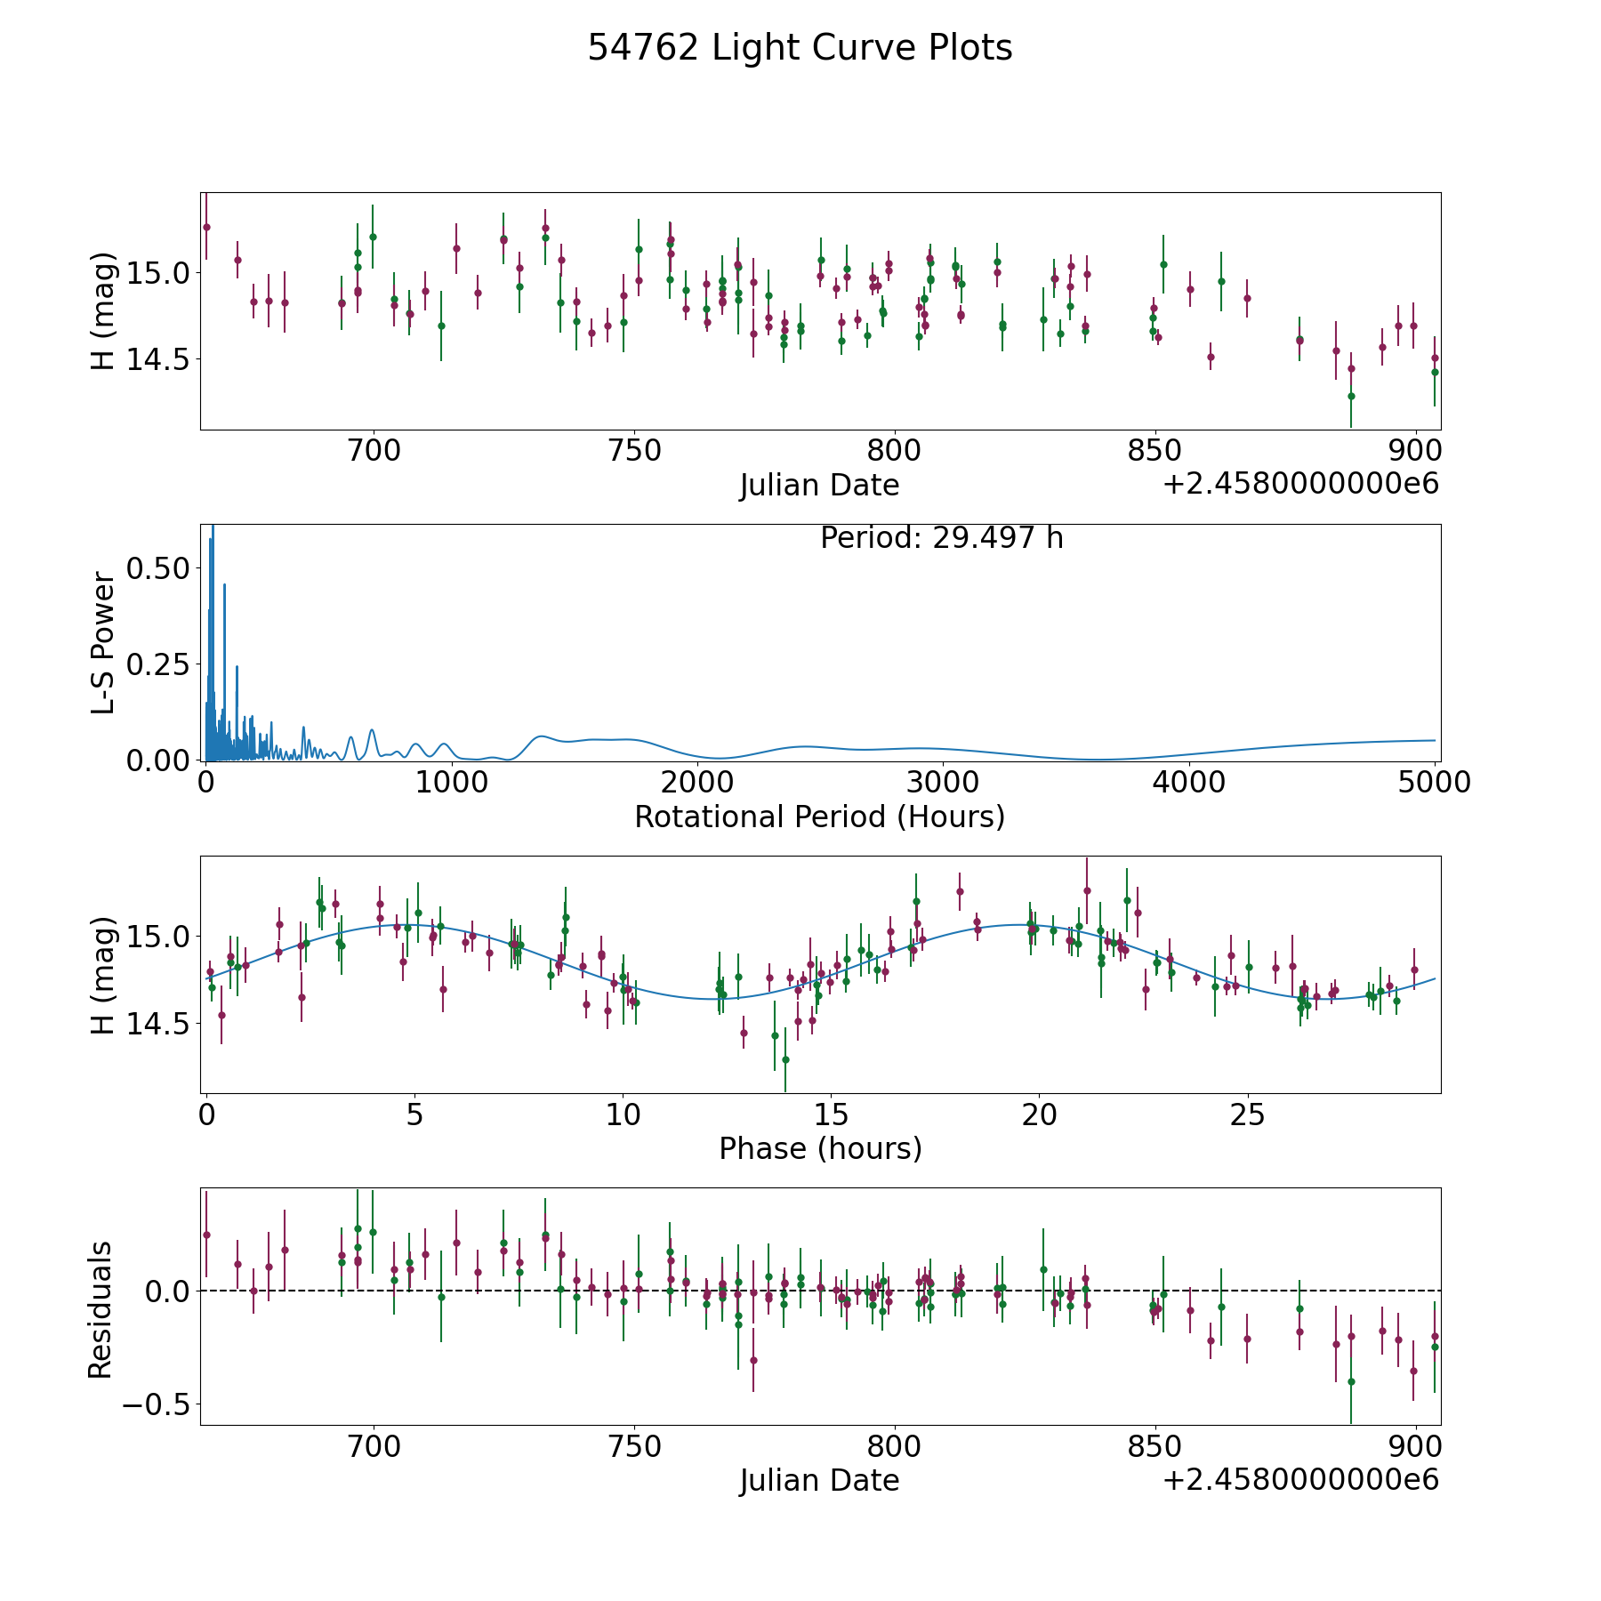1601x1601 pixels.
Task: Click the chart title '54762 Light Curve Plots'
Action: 800,48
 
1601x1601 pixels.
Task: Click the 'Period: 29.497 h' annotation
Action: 941,538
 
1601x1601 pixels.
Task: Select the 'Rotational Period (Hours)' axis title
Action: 819,817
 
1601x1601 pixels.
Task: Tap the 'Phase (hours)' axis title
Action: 819,1148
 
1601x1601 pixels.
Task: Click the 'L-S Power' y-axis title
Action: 103,642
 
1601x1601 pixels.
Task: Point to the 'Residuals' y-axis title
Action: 100,1309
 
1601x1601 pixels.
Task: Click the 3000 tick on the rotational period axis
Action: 942,783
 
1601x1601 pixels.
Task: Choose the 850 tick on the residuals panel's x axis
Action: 1154,1446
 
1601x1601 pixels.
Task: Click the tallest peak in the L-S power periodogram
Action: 212,527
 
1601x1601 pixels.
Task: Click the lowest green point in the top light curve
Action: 1350,396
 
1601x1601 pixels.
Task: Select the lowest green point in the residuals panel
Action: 1350,1381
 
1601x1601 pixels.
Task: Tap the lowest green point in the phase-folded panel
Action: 785,1059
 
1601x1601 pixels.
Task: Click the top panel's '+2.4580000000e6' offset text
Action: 1300,484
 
